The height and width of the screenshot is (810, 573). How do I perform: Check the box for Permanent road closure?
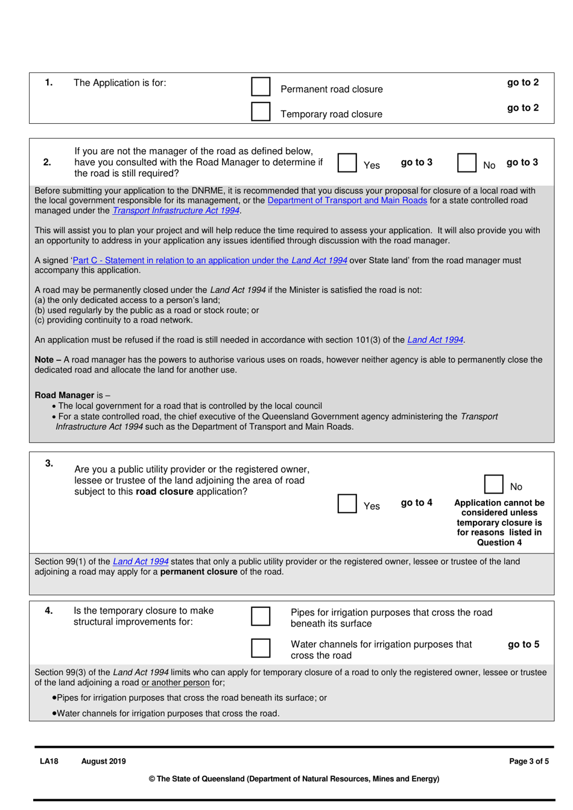pos(261,86)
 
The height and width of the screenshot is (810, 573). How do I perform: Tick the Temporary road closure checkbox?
pos(261,112)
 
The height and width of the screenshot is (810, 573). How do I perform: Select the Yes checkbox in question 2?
pos(347,162)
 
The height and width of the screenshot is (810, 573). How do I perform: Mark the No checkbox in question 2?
pos(467,162)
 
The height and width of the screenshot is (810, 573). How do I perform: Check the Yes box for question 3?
pos(347,503)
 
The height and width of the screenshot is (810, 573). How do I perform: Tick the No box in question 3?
pos(493,484)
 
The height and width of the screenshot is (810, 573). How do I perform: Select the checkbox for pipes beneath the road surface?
pos(261,616)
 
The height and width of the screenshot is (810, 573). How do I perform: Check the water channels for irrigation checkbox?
pos(261,648)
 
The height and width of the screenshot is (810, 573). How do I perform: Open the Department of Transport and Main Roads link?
pos(347,200)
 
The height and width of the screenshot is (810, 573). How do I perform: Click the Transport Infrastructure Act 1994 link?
pos(176,211)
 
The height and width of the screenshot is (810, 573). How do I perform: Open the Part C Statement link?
pos(210,260)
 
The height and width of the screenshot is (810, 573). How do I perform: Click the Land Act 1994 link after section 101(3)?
pos(435,340)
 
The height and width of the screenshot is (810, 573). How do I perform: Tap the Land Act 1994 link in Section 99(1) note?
pos(141,561)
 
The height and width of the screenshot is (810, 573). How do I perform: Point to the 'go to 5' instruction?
pos(523,645)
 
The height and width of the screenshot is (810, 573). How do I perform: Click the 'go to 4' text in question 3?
pos(416,503)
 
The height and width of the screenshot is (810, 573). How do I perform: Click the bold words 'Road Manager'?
pos(64,395)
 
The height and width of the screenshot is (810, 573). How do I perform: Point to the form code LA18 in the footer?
pos(49,761)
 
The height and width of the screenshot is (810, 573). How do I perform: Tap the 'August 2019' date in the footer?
pos(103,761)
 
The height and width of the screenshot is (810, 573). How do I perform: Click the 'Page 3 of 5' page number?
pos(528,761)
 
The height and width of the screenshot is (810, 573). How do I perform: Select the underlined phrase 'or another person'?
pos(176,683)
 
